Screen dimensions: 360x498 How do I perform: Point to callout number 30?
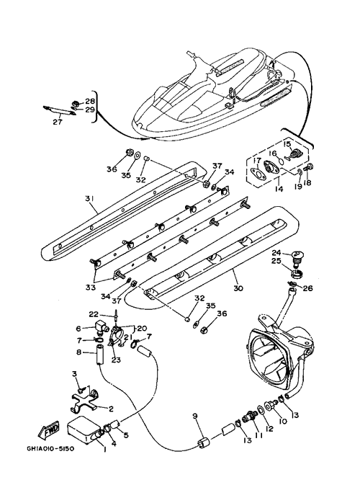tap(238, 288)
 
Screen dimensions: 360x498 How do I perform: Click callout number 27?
tap(58, 122)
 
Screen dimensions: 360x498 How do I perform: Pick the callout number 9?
tap(195, 416)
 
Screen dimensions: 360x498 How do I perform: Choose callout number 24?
tap(276, 253)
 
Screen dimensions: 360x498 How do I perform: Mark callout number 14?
tap(279, 190)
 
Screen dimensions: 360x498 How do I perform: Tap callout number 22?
tap(94, 314)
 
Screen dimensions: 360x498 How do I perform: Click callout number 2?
tap(111, 409)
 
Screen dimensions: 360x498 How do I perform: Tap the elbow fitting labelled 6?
tap(101, 328)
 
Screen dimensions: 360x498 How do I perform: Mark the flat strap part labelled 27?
tap(59, 111)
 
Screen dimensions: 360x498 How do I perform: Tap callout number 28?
tap(90, 101)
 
